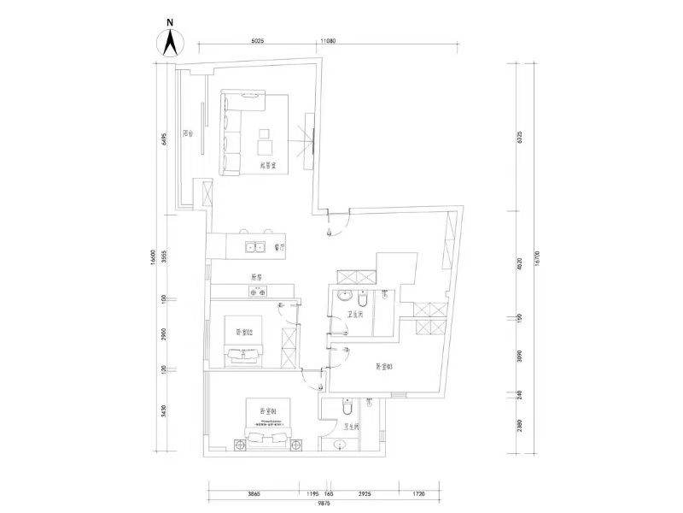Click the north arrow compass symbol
(x=170, y=39)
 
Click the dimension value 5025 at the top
(x=261, y=40)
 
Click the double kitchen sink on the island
(x=255, y=248)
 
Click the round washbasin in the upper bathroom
(x=342, y=297)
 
